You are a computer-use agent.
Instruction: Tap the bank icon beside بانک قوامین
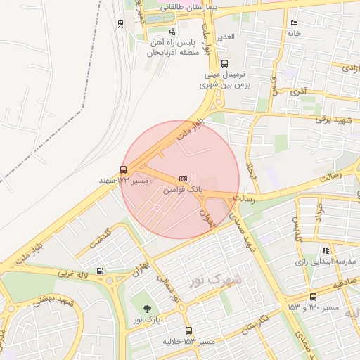coord(183,179)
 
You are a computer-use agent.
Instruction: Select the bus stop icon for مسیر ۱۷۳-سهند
coord(124,169)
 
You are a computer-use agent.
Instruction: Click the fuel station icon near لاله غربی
coord(100,271)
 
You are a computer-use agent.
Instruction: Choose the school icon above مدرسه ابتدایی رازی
coord(326,250)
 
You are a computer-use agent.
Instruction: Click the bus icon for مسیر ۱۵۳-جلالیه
coord(188,330)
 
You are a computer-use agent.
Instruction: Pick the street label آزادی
coord(347,67)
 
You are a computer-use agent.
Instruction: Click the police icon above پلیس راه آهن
coord(173,31)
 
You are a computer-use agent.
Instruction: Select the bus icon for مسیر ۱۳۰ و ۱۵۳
coord(313,297)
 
